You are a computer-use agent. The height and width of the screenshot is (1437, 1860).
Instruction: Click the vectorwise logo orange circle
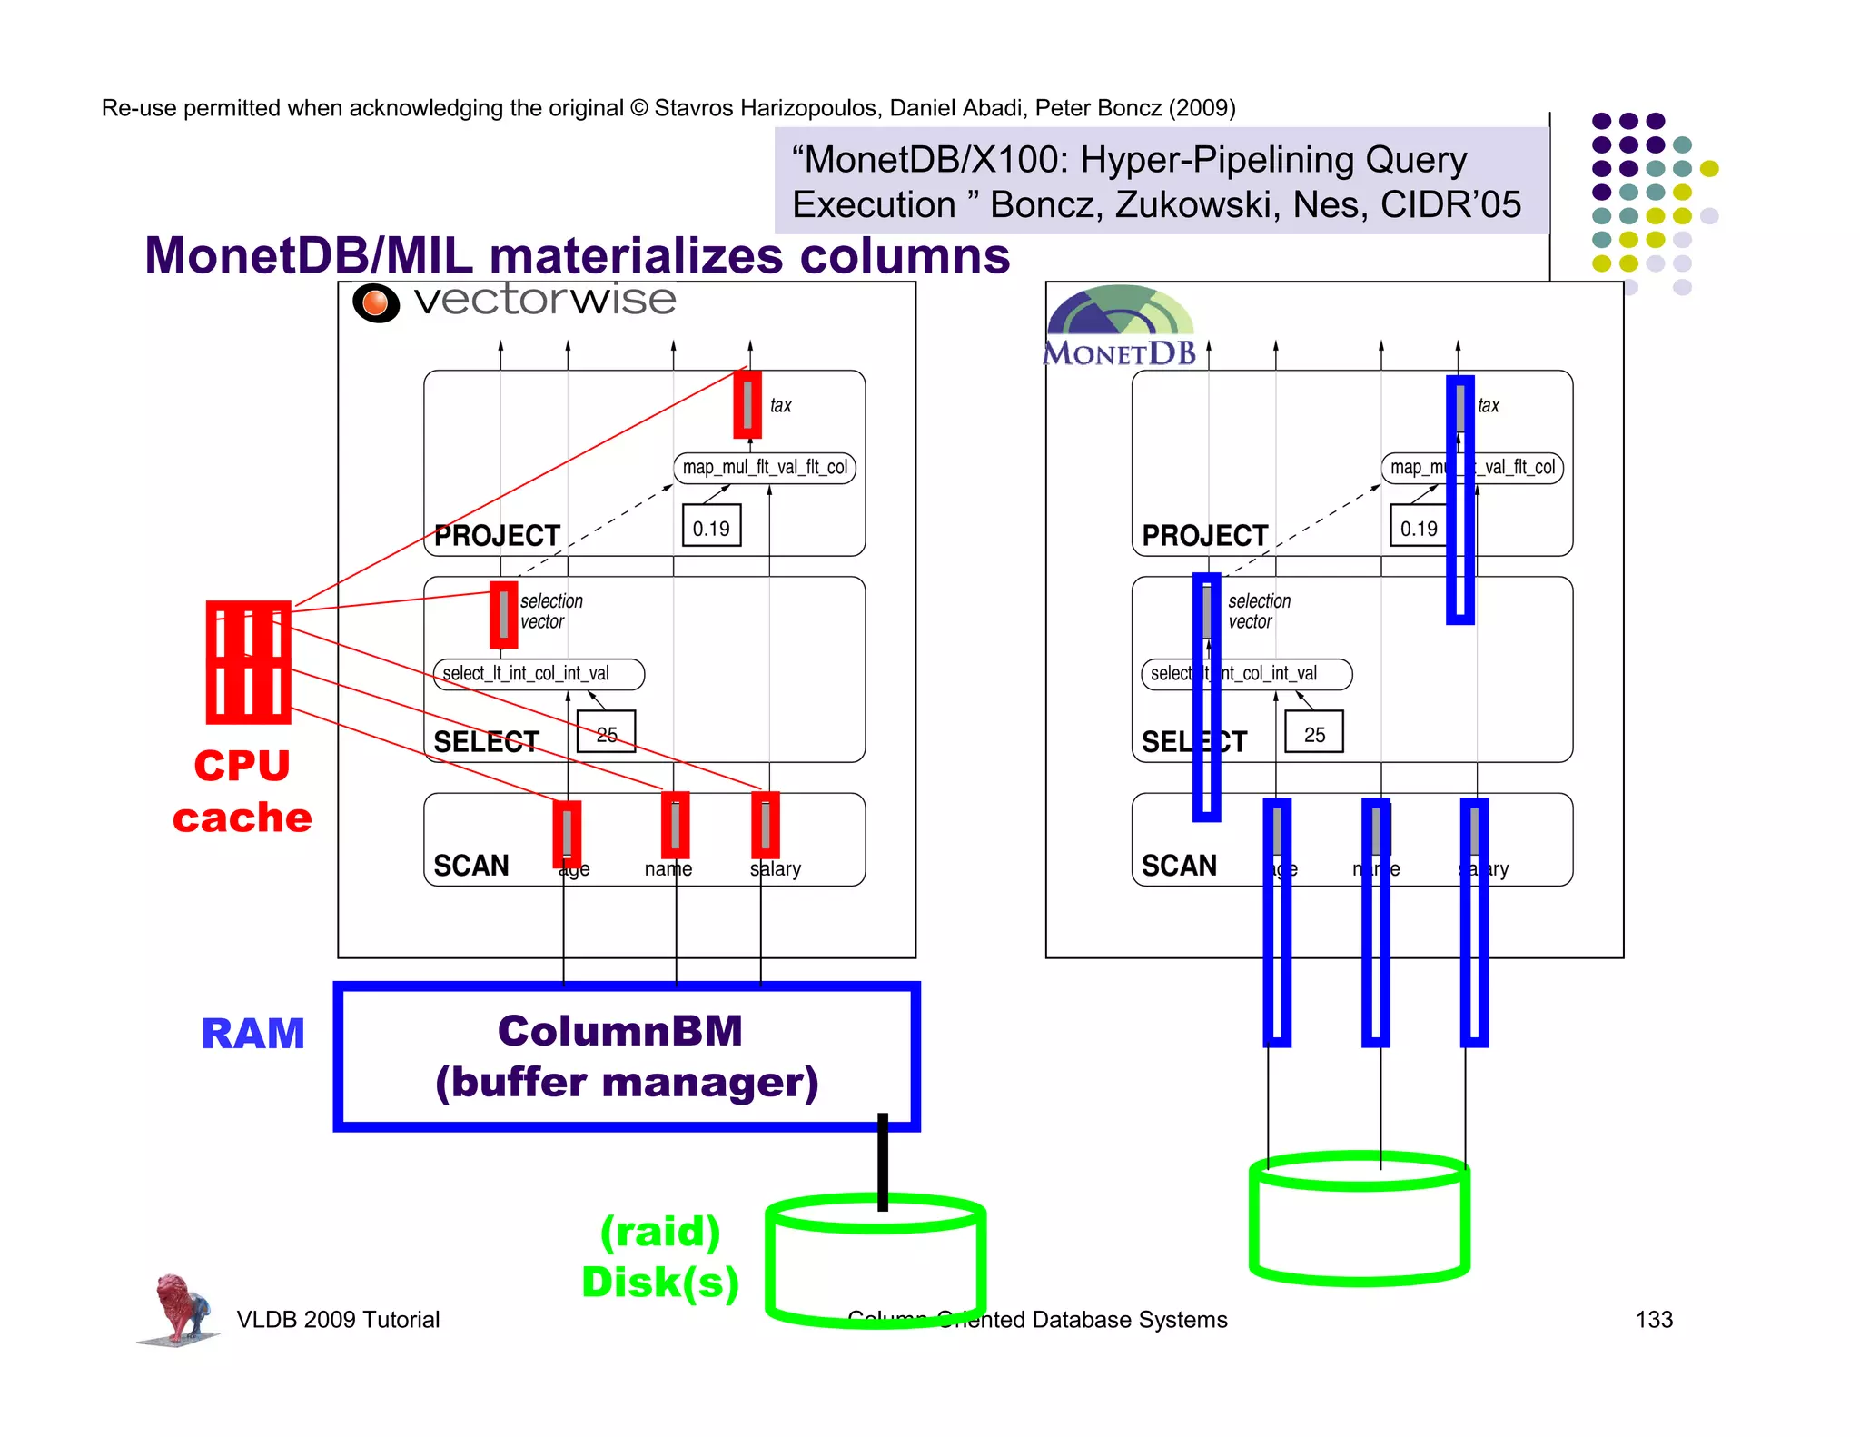pos(376,302)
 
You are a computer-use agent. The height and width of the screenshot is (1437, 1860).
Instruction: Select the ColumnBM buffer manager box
pos(627,1056)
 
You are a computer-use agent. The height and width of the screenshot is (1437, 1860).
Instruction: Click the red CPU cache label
pos(242,791)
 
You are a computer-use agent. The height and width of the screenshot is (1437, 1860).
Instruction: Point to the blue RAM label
pos(252,1034)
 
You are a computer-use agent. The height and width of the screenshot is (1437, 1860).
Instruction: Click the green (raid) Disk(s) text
pos(660,1257)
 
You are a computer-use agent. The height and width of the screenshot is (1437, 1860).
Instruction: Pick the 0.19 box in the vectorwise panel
pos(711,528)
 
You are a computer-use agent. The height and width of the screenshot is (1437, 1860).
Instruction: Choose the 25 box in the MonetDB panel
pos(1314,734)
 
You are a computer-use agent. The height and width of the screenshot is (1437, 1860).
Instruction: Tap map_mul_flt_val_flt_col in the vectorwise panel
pos(765,467)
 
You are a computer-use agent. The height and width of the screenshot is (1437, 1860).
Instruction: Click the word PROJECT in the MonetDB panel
pos(1204,535)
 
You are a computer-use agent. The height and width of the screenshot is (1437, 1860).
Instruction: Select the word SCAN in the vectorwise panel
pos(471,865)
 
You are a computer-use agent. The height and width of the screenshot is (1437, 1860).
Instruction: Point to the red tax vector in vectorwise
pos(747,404)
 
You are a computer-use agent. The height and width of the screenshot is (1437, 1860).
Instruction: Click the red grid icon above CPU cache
pos(248,662)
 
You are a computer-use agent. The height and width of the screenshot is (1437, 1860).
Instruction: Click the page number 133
pos(1654,1320)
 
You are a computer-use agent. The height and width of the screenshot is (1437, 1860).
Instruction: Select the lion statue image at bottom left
pos(180,1309)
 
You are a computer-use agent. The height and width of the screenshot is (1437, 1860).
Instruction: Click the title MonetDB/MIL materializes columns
pos(577,255)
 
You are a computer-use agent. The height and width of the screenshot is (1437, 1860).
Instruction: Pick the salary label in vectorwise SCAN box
pos(776,869)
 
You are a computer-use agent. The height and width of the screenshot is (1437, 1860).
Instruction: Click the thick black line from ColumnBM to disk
pos(882,1163)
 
